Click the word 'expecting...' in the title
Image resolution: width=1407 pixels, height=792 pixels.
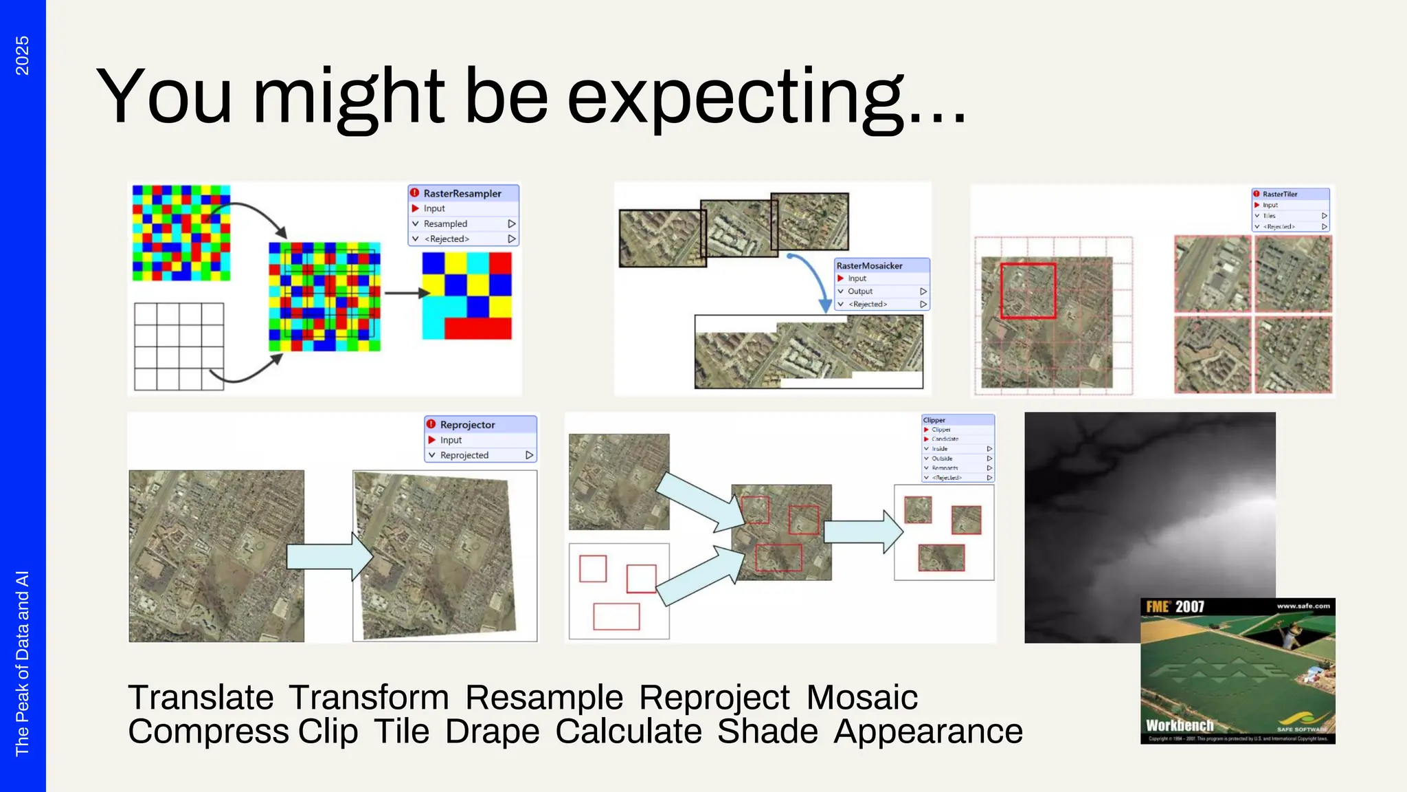point(766,98)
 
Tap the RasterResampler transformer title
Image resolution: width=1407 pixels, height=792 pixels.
point(462,193)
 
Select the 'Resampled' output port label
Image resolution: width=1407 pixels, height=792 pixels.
point(445,223)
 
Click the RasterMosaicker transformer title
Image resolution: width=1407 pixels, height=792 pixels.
point(869,265)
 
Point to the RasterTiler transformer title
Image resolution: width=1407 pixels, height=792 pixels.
point(1279,194)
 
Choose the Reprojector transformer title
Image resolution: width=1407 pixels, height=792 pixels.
point(467,425)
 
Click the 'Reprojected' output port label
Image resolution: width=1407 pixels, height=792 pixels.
point(464,455)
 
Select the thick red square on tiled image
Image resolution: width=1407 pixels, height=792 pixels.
point(1028,291)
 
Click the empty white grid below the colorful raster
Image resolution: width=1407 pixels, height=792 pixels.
point(179,346)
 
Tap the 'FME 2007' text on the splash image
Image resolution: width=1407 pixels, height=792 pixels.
point(1175,607)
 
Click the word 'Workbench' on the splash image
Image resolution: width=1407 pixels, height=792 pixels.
point(1179,725)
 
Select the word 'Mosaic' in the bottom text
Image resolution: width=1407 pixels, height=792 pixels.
point(862,697)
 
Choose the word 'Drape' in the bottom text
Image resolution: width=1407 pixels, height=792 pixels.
point(492,731)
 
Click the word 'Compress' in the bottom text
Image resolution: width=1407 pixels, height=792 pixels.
point(207,731)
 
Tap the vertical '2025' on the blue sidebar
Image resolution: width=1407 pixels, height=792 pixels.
point(22,56)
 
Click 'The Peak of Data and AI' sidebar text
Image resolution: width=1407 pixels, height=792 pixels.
point(22,663)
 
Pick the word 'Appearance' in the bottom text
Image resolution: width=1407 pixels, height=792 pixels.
point(927,731)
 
